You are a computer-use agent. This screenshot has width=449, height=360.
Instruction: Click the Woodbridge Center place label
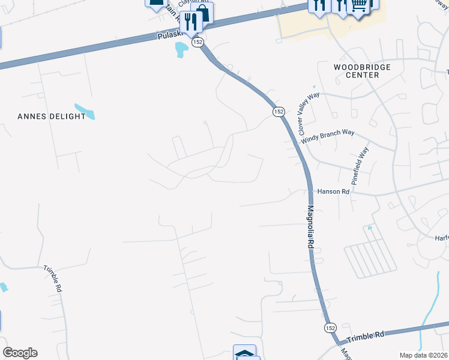[x=363, y=71]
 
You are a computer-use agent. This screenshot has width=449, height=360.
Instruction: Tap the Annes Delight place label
[x=51, y=116]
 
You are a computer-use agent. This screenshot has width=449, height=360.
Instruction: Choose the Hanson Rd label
[x=333, y=192]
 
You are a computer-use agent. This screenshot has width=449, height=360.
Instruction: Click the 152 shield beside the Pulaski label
[x=198, y=42]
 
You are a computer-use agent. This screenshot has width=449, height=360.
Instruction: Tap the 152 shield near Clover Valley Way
[x=279, y=112]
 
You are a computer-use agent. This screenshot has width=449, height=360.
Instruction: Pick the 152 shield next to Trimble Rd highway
[x=330, y=328]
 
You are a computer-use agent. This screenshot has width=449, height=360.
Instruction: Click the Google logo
[x=20, y=353]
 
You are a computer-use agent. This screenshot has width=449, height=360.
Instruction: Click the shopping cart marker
[x=359, y=5]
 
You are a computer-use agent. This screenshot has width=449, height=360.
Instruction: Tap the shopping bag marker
[x=202, y=13]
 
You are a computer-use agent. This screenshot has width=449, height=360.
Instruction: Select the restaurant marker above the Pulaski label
[x=191, y=22]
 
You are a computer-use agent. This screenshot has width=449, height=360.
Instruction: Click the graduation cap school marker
[x=244, y=353]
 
